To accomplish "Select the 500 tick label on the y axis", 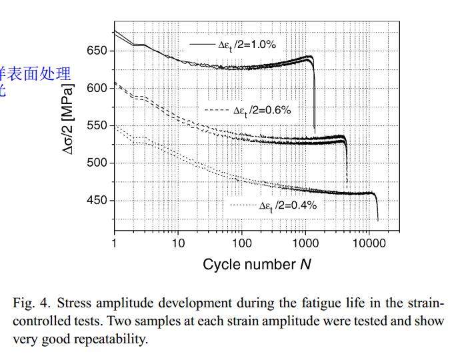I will (97, 163).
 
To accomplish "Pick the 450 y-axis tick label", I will (97, 201).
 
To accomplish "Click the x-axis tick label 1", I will (115, 243).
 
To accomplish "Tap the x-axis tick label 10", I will (178, 243).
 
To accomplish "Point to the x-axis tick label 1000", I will (305, 243).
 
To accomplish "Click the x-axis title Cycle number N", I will (257, 265).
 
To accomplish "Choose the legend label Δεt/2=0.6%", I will (261, 110).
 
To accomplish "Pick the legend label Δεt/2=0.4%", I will (287, 206).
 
